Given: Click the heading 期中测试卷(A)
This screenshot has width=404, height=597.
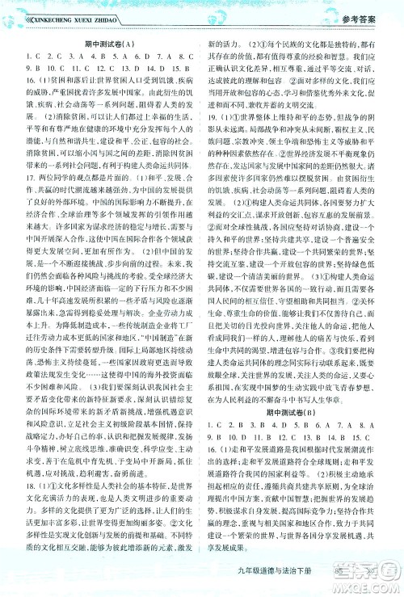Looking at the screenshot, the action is point(103,44).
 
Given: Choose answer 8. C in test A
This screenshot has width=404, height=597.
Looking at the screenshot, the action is point(178,57).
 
